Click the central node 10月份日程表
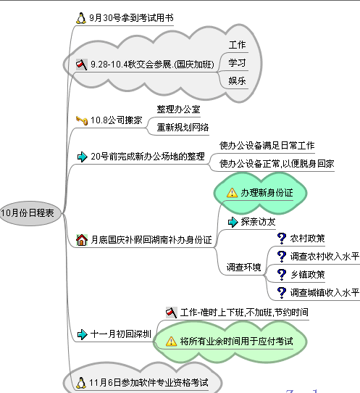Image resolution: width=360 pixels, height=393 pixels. click(30, 213)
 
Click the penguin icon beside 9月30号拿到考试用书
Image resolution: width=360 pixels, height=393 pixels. click(81, 18)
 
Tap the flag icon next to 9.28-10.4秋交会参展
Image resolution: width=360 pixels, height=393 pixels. click(82, 65)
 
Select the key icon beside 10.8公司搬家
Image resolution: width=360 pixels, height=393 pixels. click(82, 120)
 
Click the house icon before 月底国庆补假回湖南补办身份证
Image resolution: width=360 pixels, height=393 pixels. click(82, 240)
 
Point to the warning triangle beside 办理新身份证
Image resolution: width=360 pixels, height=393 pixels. click(232, 193)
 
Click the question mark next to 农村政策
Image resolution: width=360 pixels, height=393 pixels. click(282, 239)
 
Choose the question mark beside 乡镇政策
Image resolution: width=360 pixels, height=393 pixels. click(282, 275)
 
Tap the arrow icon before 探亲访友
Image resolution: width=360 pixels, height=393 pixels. click(233, 222)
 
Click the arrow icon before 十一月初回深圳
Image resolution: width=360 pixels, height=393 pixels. click(82, 334)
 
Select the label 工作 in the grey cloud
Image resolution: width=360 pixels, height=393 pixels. click(237, 45)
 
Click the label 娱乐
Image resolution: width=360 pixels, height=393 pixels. click(237, 81)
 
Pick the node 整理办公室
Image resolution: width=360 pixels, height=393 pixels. click(178, 109)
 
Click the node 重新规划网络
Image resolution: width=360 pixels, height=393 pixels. click(183, 128)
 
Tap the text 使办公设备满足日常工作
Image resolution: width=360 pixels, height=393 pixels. click(267, 145)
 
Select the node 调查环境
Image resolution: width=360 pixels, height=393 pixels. click(243, 267)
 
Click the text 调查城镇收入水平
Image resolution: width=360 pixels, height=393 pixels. click(325, 292)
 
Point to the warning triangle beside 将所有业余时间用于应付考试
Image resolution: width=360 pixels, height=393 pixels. click(171, 342)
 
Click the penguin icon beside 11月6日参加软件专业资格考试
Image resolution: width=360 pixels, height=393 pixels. click(81, 383)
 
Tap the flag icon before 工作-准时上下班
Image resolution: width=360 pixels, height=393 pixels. click(172, 313)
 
